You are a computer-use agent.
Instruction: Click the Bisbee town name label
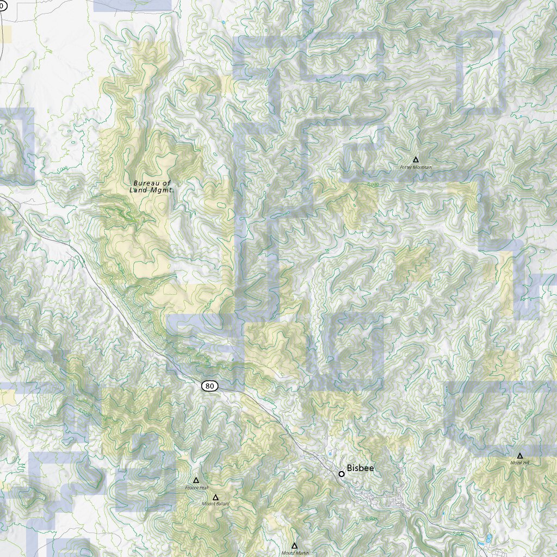coord(361,468)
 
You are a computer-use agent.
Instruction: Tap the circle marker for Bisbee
coord(342,474)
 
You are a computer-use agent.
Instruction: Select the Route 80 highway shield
coord(210,386)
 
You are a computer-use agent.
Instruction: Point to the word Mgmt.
coord(163,190)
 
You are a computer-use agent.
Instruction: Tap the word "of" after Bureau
coord(166,183)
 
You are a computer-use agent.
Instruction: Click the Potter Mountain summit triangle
coord(416,159)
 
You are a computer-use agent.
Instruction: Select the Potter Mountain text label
coord(416,168)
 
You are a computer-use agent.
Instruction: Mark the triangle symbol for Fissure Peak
coord(196,480)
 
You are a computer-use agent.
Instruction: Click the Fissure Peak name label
coord(196,488)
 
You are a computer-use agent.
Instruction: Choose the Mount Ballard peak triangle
coord(215,497)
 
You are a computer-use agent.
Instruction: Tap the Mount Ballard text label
coord(215,504)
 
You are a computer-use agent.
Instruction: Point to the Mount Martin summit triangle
coord(294,545)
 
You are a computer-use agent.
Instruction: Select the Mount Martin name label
coord(295,553)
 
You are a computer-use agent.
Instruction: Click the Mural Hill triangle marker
coord(519,455)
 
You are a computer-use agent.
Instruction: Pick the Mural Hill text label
coord(519,463)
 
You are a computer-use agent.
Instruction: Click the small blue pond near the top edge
coord(224,22)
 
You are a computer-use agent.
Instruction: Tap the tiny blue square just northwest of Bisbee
coord(329,453)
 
